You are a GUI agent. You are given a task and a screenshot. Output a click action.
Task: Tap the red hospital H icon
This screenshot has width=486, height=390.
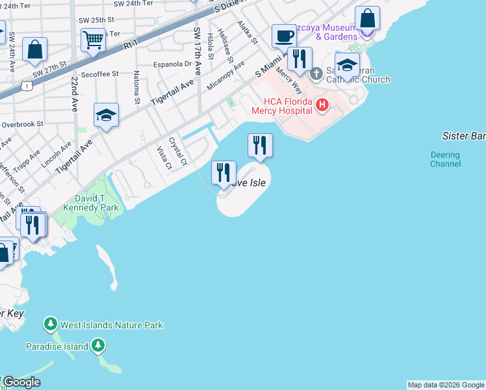pyautogui.click(x=321, y=104)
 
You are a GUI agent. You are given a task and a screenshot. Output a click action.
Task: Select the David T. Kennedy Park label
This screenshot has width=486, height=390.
pyautogui.click(x=91, y=203)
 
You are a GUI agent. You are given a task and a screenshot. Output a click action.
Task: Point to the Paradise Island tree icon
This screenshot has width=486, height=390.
pyautogui.click(x=97, y=346)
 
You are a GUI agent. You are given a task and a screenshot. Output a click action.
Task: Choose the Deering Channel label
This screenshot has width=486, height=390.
pyautogui.click(x=445, y=159)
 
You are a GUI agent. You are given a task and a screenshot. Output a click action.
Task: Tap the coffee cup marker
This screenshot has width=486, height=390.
pyautogui.click(x=283, y=35)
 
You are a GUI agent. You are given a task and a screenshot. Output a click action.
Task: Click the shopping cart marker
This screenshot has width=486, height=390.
pyautogui.click(x=93, y=40)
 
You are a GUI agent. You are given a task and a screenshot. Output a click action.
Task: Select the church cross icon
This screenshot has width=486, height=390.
pyautogui.click(x=316, y=73)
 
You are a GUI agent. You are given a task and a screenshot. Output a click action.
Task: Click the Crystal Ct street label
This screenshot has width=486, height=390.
pyautogui.click(x=177, y=151)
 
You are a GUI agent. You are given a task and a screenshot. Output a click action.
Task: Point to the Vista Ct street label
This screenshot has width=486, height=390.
pyautogui.click(x=164, y=158)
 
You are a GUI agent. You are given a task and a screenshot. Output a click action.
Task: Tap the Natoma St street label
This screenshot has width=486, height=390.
pyautogui.click(x=137, y=87)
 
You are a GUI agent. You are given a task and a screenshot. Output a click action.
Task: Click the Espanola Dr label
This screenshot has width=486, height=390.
pyautogui.click(x=172, y=64)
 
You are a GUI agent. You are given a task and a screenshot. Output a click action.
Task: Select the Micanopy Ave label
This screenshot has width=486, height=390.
pyautogui.click(x=225, y=76)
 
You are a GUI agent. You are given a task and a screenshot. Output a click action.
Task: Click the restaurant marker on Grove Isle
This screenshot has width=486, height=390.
pyautogui.click(x=223, y=172)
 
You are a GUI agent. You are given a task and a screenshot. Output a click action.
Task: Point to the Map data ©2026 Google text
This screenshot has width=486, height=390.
pyautogui.click(x=446, y=385)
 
